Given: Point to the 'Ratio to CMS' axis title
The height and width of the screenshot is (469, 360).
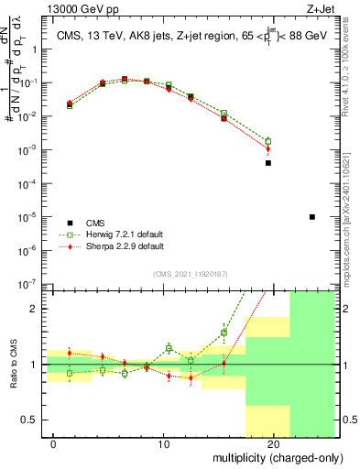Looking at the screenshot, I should pos(13,365).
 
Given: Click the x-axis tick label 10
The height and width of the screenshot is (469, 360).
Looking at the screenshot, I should pos(164,443).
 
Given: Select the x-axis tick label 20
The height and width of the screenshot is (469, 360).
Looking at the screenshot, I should pos(274,443).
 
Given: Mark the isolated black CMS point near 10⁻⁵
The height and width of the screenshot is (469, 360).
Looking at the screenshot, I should pos(312,217).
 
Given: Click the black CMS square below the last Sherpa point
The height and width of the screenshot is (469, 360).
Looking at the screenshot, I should pos(268,163).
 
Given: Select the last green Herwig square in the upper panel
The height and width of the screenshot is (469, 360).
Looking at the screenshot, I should pos(268,141).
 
